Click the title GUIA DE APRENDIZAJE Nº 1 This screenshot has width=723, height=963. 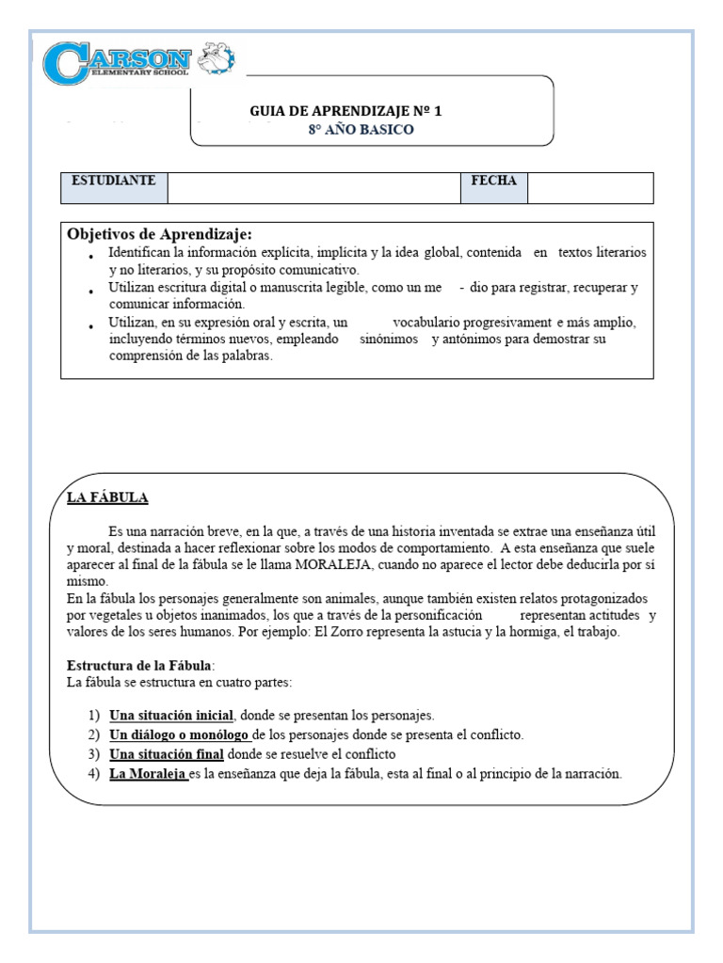345,111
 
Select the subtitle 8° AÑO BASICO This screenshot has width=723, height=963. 361,130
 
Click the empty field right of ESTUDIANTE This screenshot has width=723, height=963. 313,187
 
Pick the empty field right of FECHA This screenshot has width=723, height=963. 589,187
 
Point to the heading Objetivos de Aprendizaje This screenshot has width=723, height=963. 160,233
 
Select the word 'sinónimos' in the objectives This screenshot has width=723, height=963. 388,339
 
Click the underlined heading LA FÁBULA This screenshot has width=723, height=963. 107,497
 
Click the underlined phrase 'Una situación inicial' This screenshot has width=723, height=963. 170,716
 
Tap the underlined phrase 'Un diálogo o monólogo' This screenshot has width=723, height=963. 179,734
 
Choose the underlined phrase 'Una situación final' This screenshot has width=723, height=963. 167,754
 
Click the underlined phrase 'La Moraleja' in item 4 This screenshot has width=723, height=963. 148,774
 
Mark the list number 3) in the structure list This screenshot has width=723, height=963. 93,754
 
